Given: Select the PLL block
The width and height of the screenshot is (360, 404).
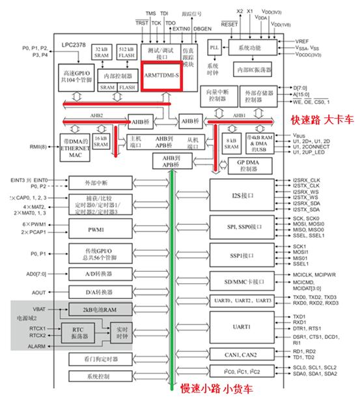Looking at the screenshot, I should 215,48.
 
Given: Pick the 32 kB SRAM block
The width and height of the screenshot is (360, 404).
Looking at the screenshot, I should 101,53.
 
